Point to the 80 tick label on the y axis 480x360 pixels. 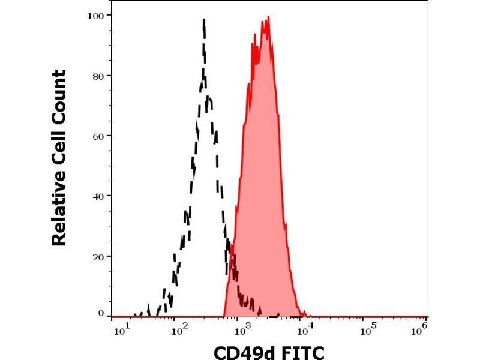(x=97, y=76)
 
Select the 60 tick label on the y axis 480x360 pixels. (x=97, y=136)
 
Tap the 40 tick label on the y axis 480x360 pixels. (x=97, y=196)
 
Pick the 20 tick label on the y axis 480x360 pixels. (x=97, y=256)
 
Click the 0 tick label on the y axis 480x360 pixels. (x=100, y=313)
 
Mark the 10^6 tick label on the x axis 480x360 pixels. (x=422, y=328)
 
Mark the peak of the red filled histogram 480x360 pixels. (x=268, y=17)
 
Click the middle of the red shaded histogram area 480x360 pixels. (x=262, y=180)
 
